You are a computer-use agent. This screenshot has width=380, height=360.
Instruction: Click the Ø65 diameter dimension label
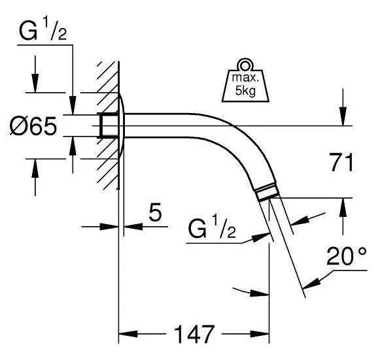coord(33,125)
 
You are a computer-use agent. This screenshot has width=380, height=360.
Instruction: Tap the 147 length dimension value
coord(194,335)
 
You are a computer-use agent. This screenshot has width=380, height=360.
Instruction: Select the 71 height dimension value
coord(342,162)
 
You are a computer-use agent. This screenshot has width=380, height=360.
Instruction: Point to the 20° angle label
coord(347,256)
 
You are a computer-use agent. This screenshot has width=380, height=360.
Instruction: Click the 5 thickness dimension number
coord(155,212)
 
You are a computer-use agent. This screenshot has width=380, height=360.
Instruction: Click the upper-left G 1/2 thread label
coord(43,31)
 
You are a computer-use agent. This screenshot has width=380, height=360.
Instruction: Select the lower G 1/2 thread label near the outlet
coord(212,229)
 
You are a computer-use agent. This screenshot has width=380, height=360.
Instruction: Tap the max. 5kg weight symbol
coord(245,80)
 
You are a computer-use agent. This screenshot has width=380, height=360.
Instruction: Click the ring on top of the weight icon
coord(245,65)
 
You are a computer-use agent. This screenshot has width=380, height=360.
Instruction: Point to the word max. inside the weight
coord(245,78)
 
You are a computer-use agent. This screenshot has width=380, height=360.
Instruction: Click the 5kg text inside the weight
coord(245,91)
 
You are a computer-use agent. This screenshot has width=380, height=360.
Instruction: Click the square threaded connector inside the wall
coord(109,125)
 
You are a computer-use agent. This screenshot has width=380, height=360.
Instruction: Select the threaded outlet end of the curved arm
coord(267,191)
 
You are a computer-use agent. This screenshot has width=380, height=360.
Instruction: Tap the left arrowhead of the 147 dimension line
coord(128,334)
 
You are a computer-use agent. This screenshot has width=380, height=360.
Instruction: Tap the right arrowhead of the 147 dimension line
coord(260,334)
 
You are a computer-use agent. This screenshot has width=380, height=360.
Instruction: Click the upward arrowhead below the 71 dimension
coord(343,208)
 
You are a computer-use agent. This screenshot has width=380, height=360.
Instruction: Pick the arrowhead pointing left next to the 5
coord(133,227)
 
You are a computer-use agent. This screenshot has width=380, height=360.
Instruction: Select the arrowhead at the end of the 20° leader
coord(311,284)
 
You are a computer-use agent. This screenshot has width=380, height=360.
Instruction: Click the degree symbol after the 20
coord(362,252)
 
